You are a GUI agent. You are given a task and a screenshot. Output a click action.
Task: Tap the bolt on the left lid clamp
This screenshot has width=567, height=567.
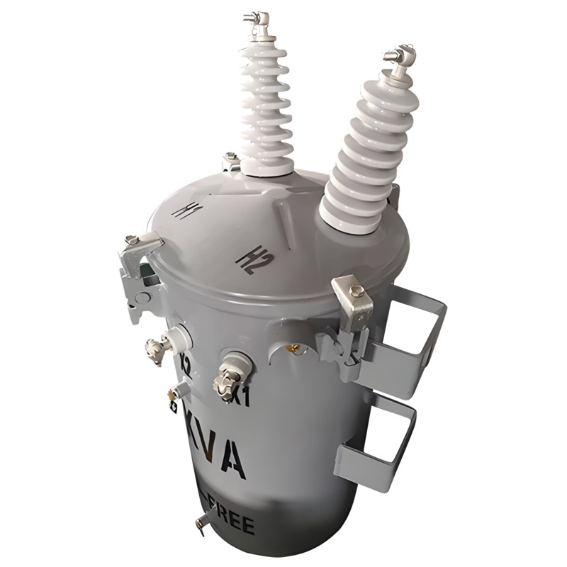132,240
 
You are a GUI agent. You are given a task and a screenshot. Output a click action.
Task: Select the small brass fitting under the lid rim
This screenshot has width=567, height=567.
292,348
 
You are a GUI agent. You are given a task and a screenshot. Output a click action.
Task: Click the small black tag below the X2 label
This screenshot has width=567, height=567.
172,407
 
